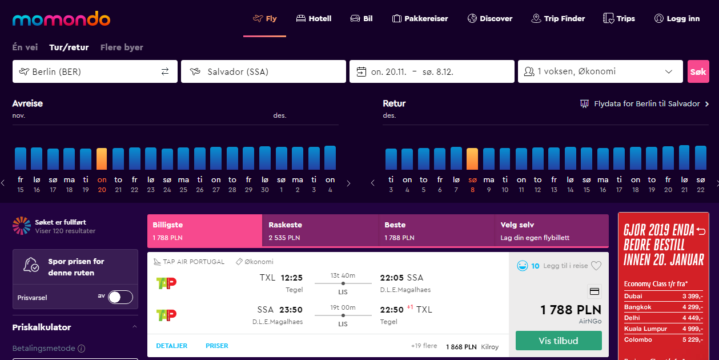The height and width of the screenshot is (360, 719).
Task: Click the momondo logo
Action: point(61,19)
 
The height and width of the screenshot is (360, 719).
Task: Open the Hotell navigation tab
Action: point(314,19)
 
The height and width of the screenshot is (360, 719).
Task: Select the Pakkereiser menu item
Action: point(420,19)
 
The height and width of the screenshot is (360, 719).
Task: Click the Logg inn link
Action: point(677,19)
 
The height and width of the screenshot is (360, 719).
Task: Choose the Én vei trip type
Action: point(25,47)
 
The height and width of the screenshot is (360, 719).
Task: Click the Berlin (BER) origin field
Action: point(95,71)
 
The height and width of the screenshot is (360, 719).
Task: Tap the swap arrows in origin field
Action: point(165,71)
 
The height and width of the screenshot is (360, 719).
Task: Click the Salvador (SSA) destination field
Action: point(263,71)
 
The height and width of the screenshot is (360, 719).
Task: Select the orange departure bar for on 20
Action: point(102,159)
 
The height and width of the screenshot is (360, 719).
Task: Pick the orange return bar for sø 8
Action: point(472,159)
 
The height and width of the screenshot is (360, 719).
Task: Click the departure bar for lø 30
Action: point(265,158)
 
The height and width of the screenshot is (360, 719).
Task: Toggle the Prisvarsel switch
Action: point(120,297)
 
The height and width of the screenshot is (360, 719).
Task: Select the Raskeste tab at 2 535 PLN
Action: point(320,231)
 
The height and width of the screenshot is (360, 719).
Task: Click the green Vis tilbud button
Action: point(559,341)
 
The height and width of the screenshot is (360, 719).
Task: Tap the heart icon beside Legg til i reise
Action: point(596,266)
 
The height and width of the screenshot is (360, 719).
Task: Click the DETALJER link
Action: point(172,346)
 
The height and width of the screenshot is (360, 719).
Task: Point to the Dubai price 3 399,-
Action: point(693,296)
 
